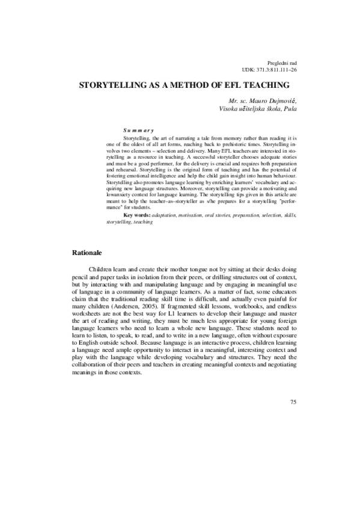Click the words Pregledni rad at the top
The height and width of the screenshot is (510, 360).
[281, 63]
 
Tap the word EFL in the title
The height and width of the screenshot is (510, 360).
[229, 85]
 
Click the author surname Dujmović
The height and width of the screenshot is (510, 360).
[279, 100]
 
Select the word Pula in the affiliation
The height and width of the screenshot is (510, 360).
[289, 109]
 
